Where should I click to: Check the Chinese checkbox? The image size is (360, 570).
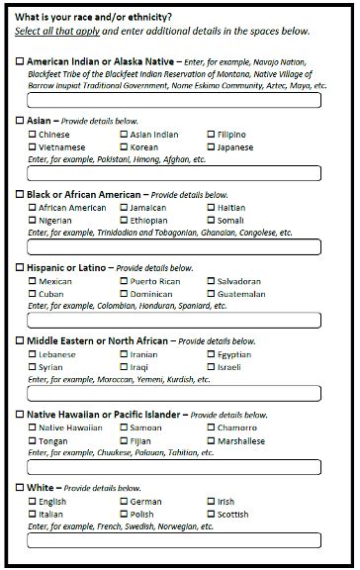pyautogui.click(x=33, y=135)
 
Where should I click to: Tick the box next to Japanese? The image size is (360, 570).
pyautogui.click(x=212, y=147)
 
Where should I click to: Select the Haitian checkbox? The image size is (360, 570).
pyautogui.click(x=212, y=208)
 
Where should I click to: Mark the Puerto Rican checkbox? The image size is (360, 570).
pyautogui.click(x=125, y=281)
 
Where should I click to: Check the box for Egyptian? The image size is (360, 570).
pyautogui.click(x=212, y=354)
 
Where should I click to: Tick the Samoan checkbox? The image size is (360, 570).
pyautogui.click(x=125, y=427)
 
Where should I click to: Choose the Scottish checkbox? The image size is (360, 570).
pyautogui.click(x=212, y=515)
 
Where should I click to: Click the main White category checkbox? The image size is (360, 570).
pyautogui.click(x=20, y=488)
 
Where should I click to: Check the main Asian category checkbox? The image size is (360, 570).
pyautogui.click(x=20, y=121)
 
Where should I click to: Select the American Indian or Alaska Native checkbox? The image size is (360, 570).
pyautogui.click(x=20, y=61)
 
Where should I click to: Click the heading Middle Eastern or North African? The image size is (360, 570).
pyautogui.click(x=100, y=340)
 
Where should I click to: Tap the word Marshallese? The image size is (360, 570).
pyautogui.click(x=241, y=441)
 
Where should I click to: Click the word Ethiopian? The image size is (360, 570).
pyautogui.click(x=149, y=221)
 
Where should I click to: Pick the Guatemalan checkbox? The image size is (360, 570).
pyautogui.click(x=212, y=294)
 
